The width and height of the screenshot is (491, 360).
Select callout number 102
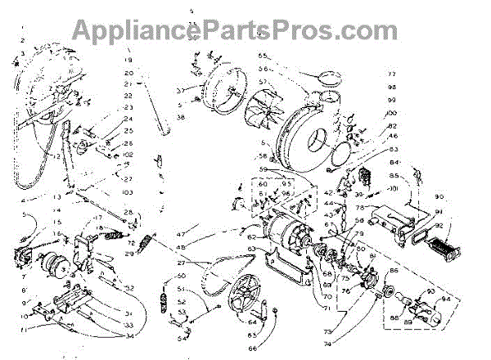pyautogui.click(x=128, y=155)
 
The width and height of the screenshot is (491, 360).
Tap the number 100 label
pyautogui.click(x=391, y=112)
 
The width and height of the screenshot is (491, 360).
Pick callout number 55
pyautogui.click(x=264, y=56)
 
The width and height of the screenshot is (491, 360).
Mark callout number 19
pyautogui.click(x=128, y=61)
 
